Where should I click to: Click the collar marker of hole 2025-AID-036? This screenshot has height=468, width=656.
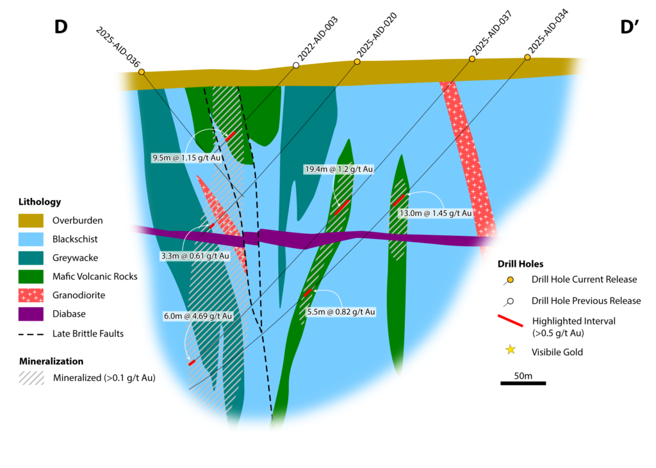[141, 72]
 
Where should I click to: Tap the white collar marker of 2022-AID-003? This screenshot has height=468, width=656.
[296, 65]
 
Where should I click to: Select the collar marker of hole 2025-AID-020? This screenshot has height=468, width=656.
[358, 62]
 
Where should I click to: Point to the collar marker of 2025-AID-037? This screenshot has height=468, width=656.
[472, 59]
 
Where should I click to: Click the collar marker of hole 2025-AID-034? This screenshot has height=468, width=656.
[527, 58]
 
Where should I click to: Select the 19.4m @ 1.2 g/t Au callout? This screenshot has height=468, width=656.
[338, 169]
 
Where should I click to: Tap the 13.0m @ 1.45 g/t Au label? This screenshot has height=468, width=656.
[436, 213]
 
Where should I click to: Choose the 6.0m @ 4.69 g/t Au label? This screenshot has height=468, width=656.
[198, 316]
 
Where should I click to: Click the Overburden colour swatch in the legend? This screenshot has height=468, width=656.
[31, 221]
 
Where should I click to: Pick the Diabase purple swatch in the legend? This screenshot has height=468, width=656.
[31, 314]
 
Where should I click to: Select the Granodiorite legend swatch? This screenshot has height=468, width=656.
[31, 295]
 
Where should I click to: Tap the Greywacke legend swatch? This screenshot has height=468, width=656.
[31, 258]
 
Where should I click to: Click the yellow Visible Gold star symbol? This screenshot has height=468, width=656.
[511, 350]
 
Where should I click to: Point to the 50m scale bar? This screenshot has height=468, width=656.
[523, 383]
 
